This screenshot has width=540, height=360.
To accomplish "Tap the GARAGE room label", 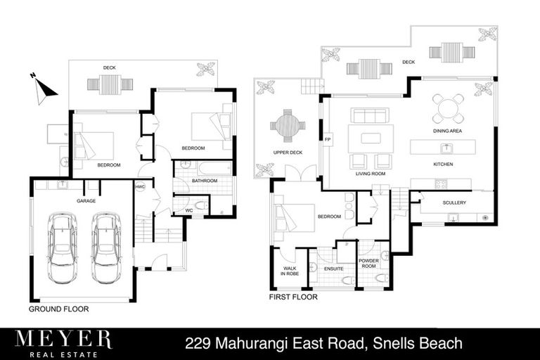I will (x=86, y=200).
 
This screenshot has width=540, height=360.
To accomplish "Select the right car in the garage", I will (x=106, y=247).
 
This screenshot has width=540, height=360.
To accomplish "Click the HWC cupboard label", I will (x=140, y=186).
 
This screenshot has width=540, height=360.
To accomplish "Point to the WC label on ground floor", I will (x=188, y=210).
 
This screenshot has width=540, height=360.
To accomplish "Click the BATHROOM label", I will (x=205, y=181).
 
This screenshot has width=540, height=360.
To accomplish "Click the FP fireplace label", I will (x=327, y=140).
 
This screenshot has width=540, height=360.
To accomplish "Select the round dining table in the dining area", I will (x=447, y=108).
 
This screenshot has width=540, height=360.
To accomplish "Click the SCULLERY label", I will (x=456, y=202).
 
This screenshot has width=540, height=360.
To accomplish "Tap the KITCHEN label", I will (x=443, y=164).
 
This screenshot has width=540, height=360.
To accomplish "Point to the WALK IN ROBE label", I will (x=290, y=271).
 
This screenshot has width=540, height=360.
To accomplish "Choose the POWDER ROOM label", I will (x=369, y=262).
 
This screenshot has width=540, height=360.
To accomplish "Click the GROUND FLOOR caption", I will (x=58, y=309).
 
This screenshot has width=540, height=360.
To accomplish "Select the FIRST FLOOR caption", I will (x=293, y=297).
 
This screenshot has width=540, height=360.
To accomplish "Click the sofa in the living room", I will (x=370, y=115).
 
